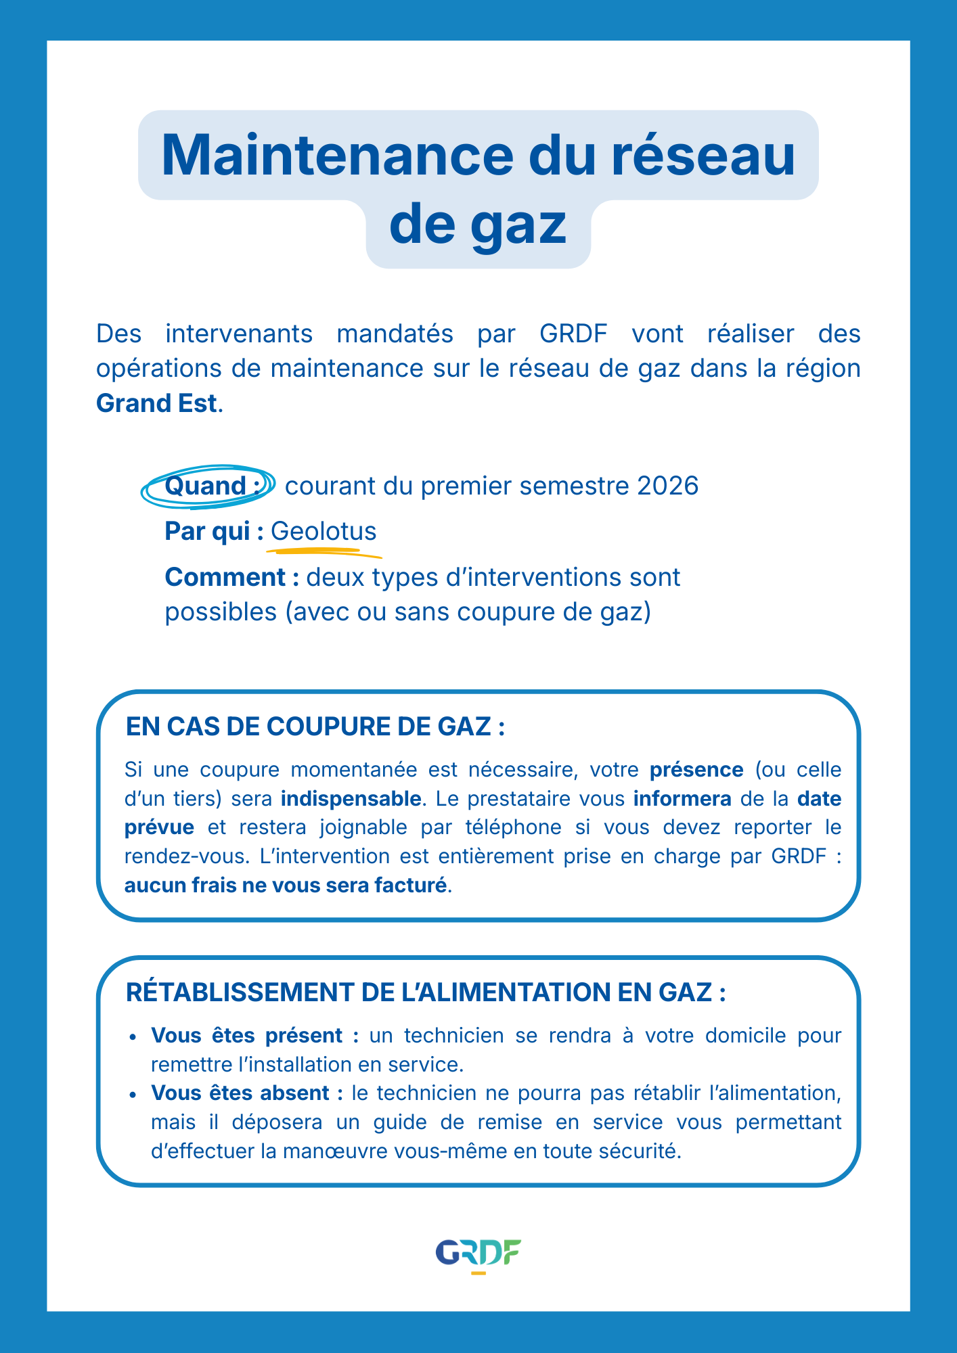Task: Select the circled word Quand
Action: (x=205, y=486)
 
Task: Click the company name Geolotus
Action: (x=324, y=532)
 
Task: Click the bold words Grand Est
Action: (x=157, y=403)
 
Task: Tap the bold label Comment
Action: (x=225, y=577)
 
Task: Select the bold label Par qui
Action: (x=207, y=532)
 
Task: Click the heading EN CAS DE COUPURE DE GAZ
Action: (x=315, y=727)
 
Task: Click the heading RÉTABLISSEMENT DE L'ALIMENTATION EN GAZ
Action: (x=426, y=992)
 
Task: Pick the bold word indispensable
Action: (x=351, y=799)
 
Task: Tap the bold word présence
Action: (x=696, y=770)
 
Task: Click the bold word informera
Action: (x=682, y=799)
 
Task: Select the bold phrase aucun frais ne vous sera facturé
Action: (x=286, y=886)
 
